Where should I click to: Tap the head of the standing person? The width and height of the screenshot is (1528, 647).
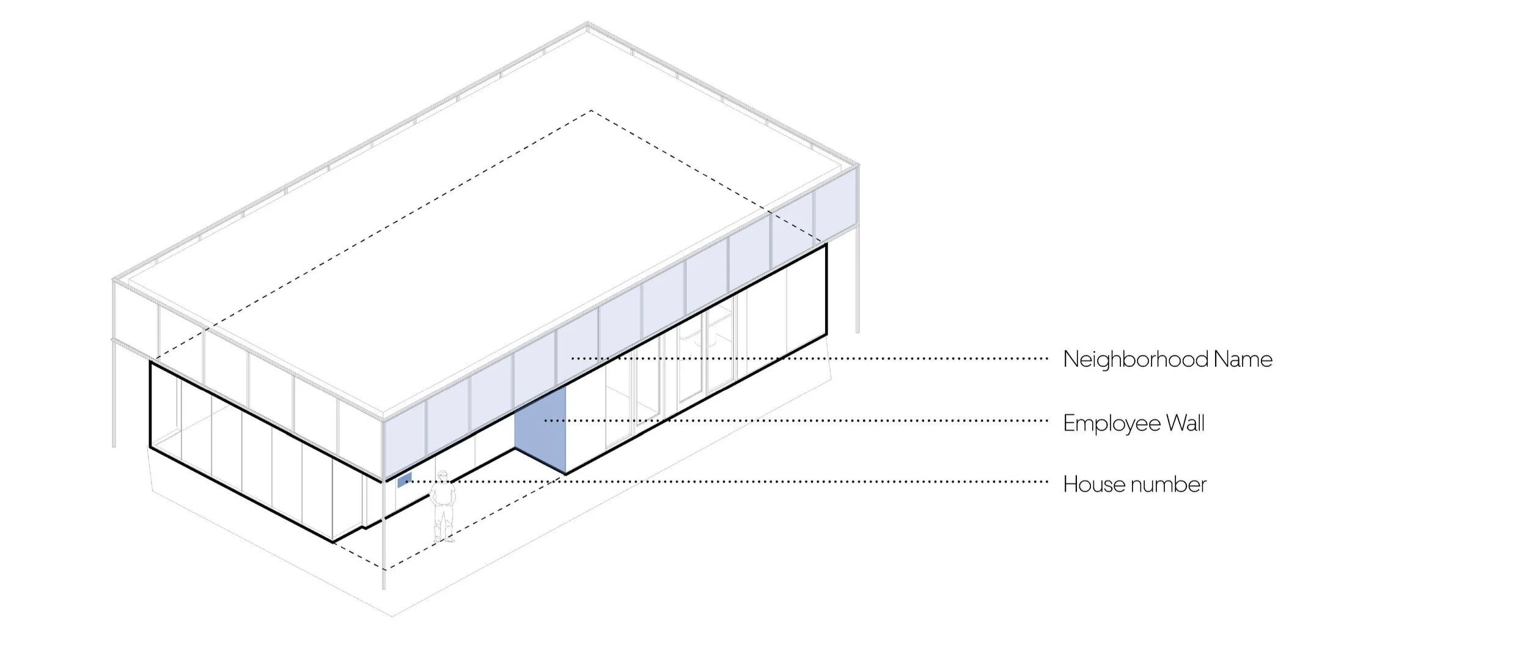443,476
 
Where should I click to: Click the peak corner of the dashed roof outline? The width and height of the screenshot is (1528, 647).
591,111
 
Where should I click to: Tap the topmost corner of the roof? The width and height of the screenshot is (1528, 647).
587,24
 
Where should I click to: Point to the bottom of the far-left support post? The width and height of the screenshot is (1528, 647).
114,445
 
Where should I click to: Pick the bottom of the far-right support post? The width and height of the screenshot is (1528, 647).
858,331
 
